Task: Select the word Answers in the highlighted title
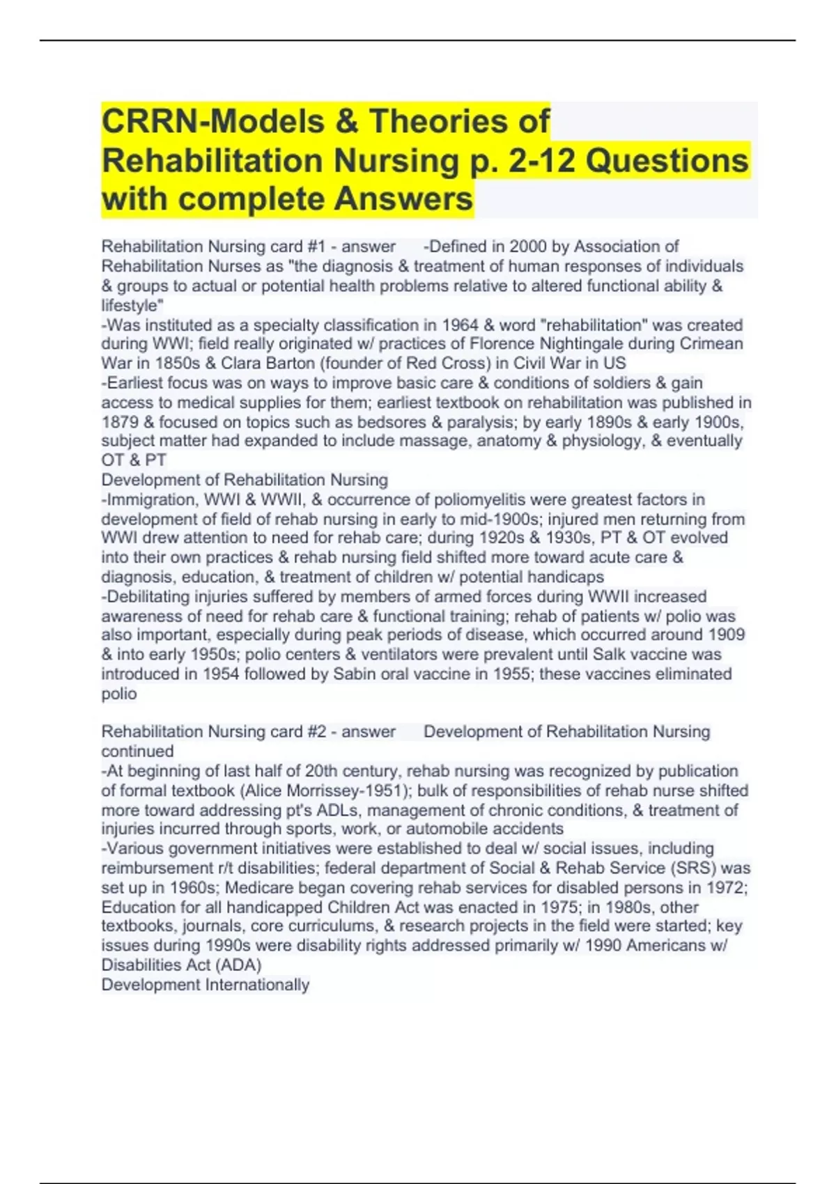pos(403,199)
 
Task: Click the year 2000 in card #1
pos(527,247)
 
